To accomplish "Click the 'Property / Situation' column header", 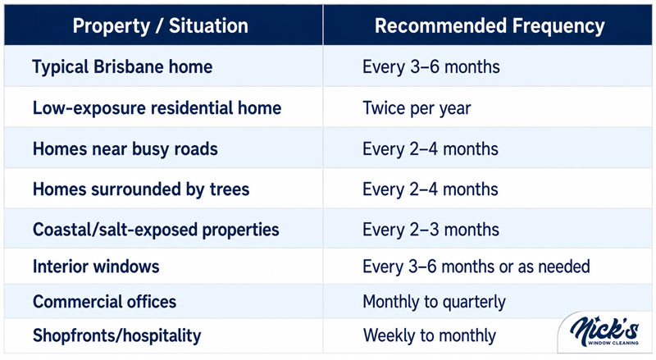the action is coord(160,26).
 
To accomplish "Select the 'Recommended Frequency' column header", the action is coord(490,26).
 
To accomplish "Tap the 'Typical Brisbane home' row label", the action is coord(122,67).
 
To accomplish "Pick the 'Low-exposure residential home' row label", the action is coord(157,108).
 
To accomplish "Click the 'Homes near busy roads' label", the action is coord(125,149).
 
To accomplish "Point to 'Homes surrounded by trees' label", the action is coord(141,189).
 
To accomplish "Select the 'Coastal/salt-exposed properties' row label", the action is coord(156,230).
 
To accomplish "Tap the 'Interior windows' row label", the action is coord(96,267).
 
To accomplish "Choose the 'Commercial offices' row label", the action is coord(105,302).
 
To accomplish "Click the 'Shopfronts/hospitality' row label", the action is coord(116,335).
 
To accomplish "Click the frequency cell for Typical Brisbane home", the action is coord(431,67).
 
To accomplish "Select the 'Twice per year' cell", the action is coord(417,108).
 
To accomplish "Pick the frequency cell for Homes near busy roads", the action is coord(430,149).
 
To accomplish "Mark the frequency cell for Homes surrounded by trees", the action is coord(430,189).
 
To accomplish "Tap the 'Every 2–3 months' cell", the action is coord(430,230).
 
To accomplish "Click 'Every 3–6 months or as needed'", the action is coord(476,267).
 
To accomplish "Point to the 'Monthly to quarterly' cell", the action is coord(434,303).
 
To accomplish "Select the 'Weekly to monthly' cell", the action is coord(429,335).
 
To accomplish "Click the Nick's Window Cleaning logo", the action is coord(604,332).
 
